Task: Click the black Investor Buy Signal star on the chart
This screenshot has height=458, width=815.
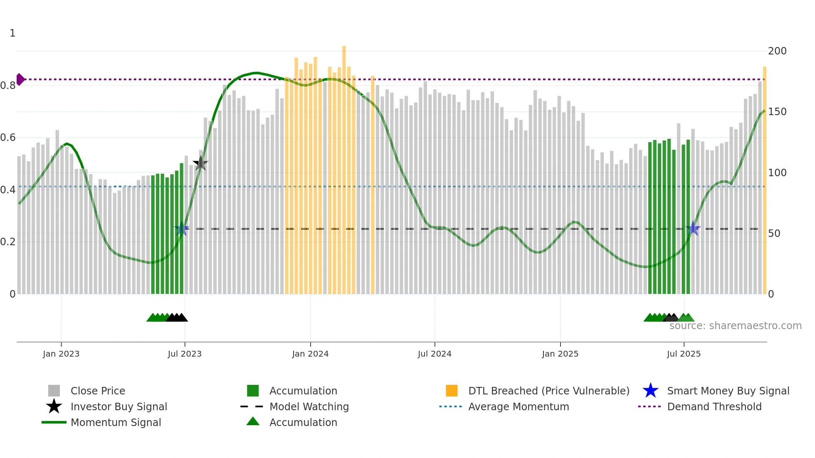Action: point(200,163)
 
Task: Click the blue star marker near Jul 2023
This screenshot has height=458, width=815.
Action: point(182,229)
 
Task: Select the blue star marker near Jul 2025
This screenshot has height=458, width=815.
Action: point(693,228)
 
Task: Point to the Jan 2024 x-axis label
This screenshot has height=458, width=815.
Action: point(310,354)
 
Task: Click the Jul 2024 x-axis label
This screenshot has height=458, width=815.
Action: point(435,354)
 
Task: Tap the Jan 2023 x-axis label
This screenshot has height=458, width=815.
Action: point(61,354)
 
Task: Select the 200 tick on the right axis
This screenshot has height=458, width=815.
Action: point(777,51)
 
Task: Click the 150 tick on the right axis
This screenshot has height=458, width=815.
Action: point(777,112)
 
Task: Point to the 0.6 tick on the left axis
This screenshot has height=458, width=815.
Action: point(8,138)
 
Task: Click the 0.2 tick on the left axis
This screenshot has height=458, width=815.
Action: point(8,242)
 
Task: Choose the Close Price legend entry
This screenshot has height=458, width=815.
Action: point(97,391)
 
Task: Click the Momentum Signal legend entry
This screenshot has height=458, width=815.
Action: point(116,422)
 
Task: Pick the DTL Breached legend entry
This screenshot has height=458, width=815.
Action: point(548,391)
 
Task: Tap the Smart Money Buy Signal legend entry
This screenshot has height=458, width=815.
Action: point(728,391)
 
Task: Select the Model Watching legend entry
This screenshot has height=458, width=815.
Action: point(309,406)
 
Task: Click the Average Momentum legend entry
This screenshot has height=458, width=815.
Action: point(518,406)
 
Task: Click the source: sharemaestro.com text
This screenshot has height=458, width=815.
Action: point(735,325)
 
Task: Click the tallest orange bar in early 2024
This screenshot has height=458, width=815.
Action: point(344,166)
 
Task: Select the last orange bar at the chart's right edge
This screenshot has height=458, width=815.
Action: point(764,179)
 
